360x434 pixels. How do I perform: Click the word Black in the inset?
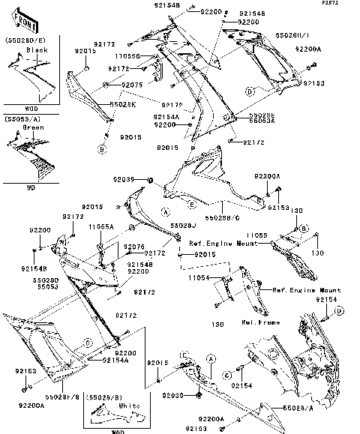37,50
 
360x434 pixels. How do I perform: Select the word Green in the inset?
34,128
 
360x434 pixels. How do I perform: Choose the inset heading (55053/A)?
23,118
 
